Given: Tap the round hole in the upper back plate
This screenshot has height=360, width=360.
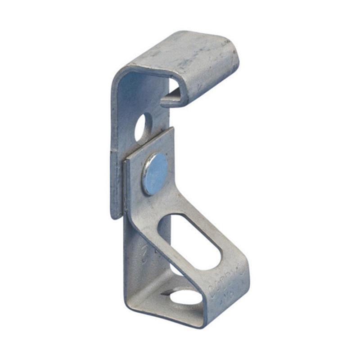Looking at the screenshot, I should coord(143,127).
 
